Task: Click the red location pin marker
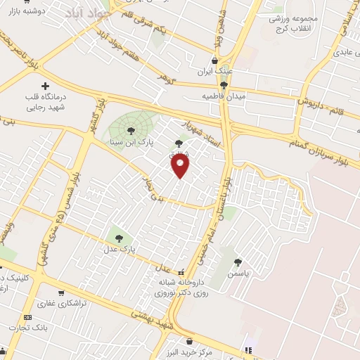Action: coord(181,166)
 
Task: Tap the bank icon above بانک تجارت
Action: coord(27,317)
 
